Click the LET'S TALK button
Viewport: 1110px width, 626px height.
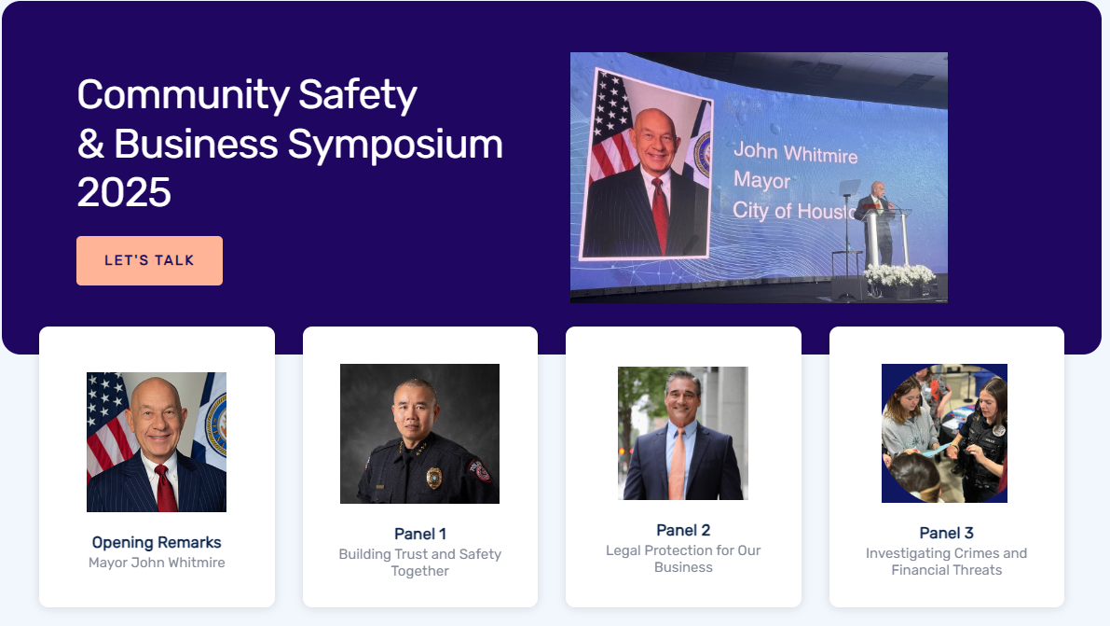149,260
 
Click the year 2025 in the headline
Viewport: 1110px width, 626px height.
124,192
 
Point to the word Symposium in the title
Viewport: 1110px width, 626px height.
395,146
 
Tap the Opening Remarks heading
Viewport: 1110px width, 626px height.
157,542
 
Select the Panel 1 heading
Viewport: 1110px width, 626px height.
419,534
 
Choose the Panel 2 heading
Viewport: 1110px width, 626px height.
683,530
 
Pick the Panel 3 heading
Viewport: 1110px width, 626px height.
947,533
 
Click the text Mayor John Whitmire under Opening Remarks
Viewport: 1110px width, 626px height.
157,563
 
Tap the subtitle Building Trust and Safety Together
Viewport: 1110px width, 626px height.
419,563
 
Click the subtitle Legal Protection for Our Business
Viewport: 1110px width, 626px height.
683,559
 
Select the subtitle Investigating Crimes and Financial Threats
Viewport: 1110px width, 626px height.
947,562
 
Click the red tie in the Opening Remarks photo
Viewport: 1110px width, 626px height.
166,488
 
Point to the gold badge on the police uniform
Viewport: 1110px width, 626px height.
434,478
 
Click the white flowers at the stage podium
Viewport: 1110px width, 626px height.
899,274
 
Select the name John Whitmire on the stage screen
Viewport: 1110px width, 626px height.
795,152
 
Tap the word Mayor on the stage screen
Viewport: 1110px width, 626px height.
761,181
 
